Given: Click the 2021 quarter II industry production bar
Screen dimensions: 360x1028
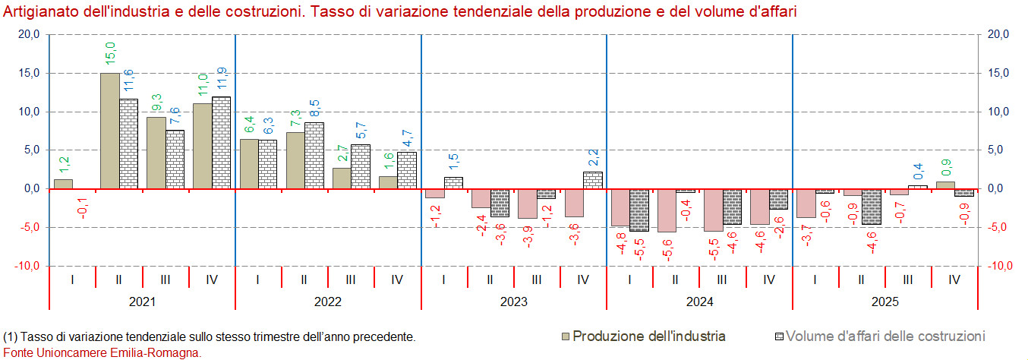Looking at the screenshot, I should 110,131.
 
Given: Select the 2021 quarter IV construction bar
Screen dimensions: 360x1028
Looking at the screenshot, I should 221,143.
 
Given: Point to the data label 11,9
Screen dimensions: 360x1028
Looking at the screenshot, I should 222,78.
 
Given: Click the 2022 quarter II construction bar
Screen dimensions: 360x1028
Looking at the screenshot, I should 314,156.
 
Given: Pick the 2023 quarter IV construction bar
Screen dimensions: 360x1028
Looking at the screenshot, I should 593,180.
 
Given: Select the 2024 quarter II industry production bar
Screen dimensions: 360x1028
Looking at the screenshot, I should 667,210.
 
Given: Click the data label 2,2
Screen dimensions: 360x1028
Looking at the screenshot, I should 593,158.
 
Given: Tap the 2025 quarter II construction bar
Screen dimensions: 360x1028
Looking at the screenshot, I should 871,206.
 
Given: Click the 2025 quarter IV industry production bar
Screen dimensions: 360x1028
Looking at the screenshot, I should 945,185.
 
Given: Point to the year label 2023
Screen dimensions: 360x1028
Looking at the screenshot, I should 514,302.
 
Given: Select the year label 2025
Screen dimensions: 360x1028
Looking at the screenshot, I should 885,302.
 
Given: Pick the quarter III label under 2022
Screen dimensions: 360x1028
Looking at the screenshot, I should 351,279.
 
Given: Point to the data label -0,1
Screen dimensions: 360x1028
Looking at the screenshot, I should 83,208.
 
